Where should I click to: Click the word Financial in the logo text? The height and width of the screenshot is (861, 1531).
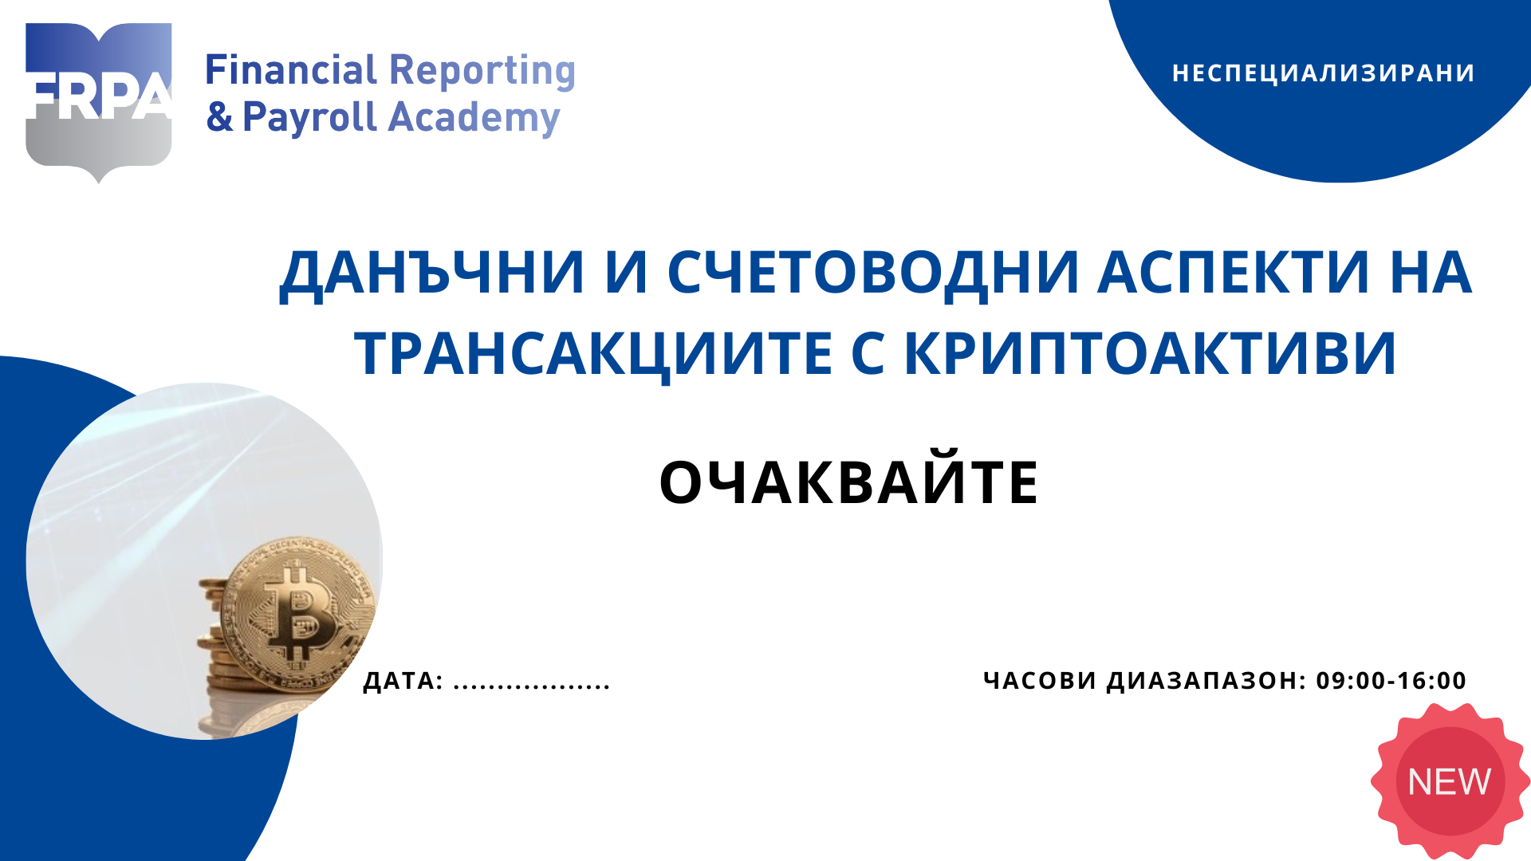(x=291, y=70)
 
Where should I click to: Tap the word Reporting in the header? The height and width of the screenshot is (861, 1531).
(x=482, y=72)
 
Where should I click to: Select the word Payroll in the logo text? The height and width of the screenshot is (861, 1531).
(x=309, y=117)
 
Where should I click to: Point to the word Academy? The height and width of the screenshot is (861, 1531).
(x=474, y=118)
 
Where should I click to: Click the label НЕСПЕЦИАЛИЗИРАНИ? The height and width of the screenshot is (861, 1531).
(x=1323, y=73)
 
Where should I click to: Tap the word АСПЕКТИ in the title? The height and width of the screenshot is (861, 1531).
(x=1234, y=273)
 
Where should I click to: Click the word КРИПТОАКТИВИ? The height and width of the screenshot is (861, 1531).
(x=1150, y=353)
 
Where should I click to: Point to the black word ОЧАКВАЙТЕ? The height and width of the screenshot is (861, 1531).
(x=848, y=482)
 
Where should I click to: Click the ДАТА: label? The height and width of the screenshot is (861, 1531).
(x=403, y=681)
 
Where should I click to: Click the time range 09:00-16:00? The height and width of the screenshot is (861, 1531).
(x=1391, y=680)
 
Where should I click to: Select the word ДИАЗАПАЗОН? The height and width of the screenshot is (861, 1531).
(x=1206, y=680)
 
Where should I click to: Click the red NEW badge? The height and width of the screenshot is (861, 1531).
(x=1449, y=781)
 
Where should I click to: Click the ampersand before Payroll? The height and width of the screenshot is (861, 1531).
(x=219, y=117)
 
